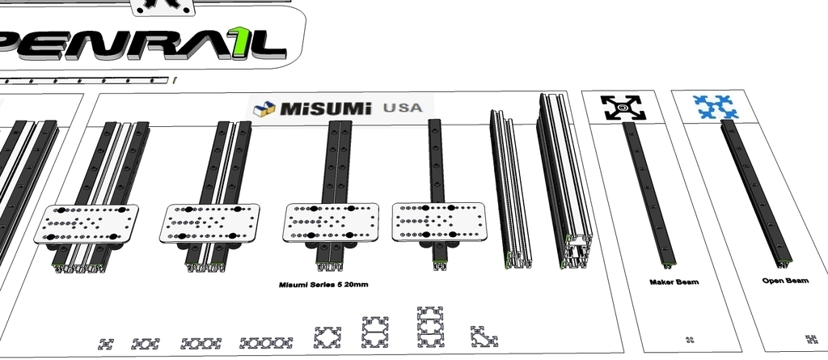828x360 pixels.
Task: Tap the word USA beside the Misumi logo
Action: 402,108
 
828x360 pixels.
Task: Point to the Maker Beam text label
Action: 674,282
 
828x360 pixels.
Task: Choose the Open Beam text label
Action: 784,281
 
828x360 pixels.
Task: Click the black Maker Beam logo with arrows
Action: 622,108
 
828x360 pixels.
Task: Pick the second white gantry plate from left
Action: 210,222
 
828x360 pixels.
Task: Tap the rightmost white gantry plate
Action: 441,221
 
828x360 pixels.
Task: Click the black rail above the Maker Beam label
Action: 647,194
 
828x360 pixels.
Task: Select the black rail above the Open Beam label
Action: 756,194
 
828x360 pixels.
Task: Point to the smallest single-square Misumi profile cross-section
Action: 106,344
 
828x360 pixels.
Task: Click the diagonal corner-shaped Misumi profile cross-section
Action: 484,336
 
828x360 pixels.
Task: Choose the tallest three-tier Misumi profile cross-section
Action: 431,326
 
